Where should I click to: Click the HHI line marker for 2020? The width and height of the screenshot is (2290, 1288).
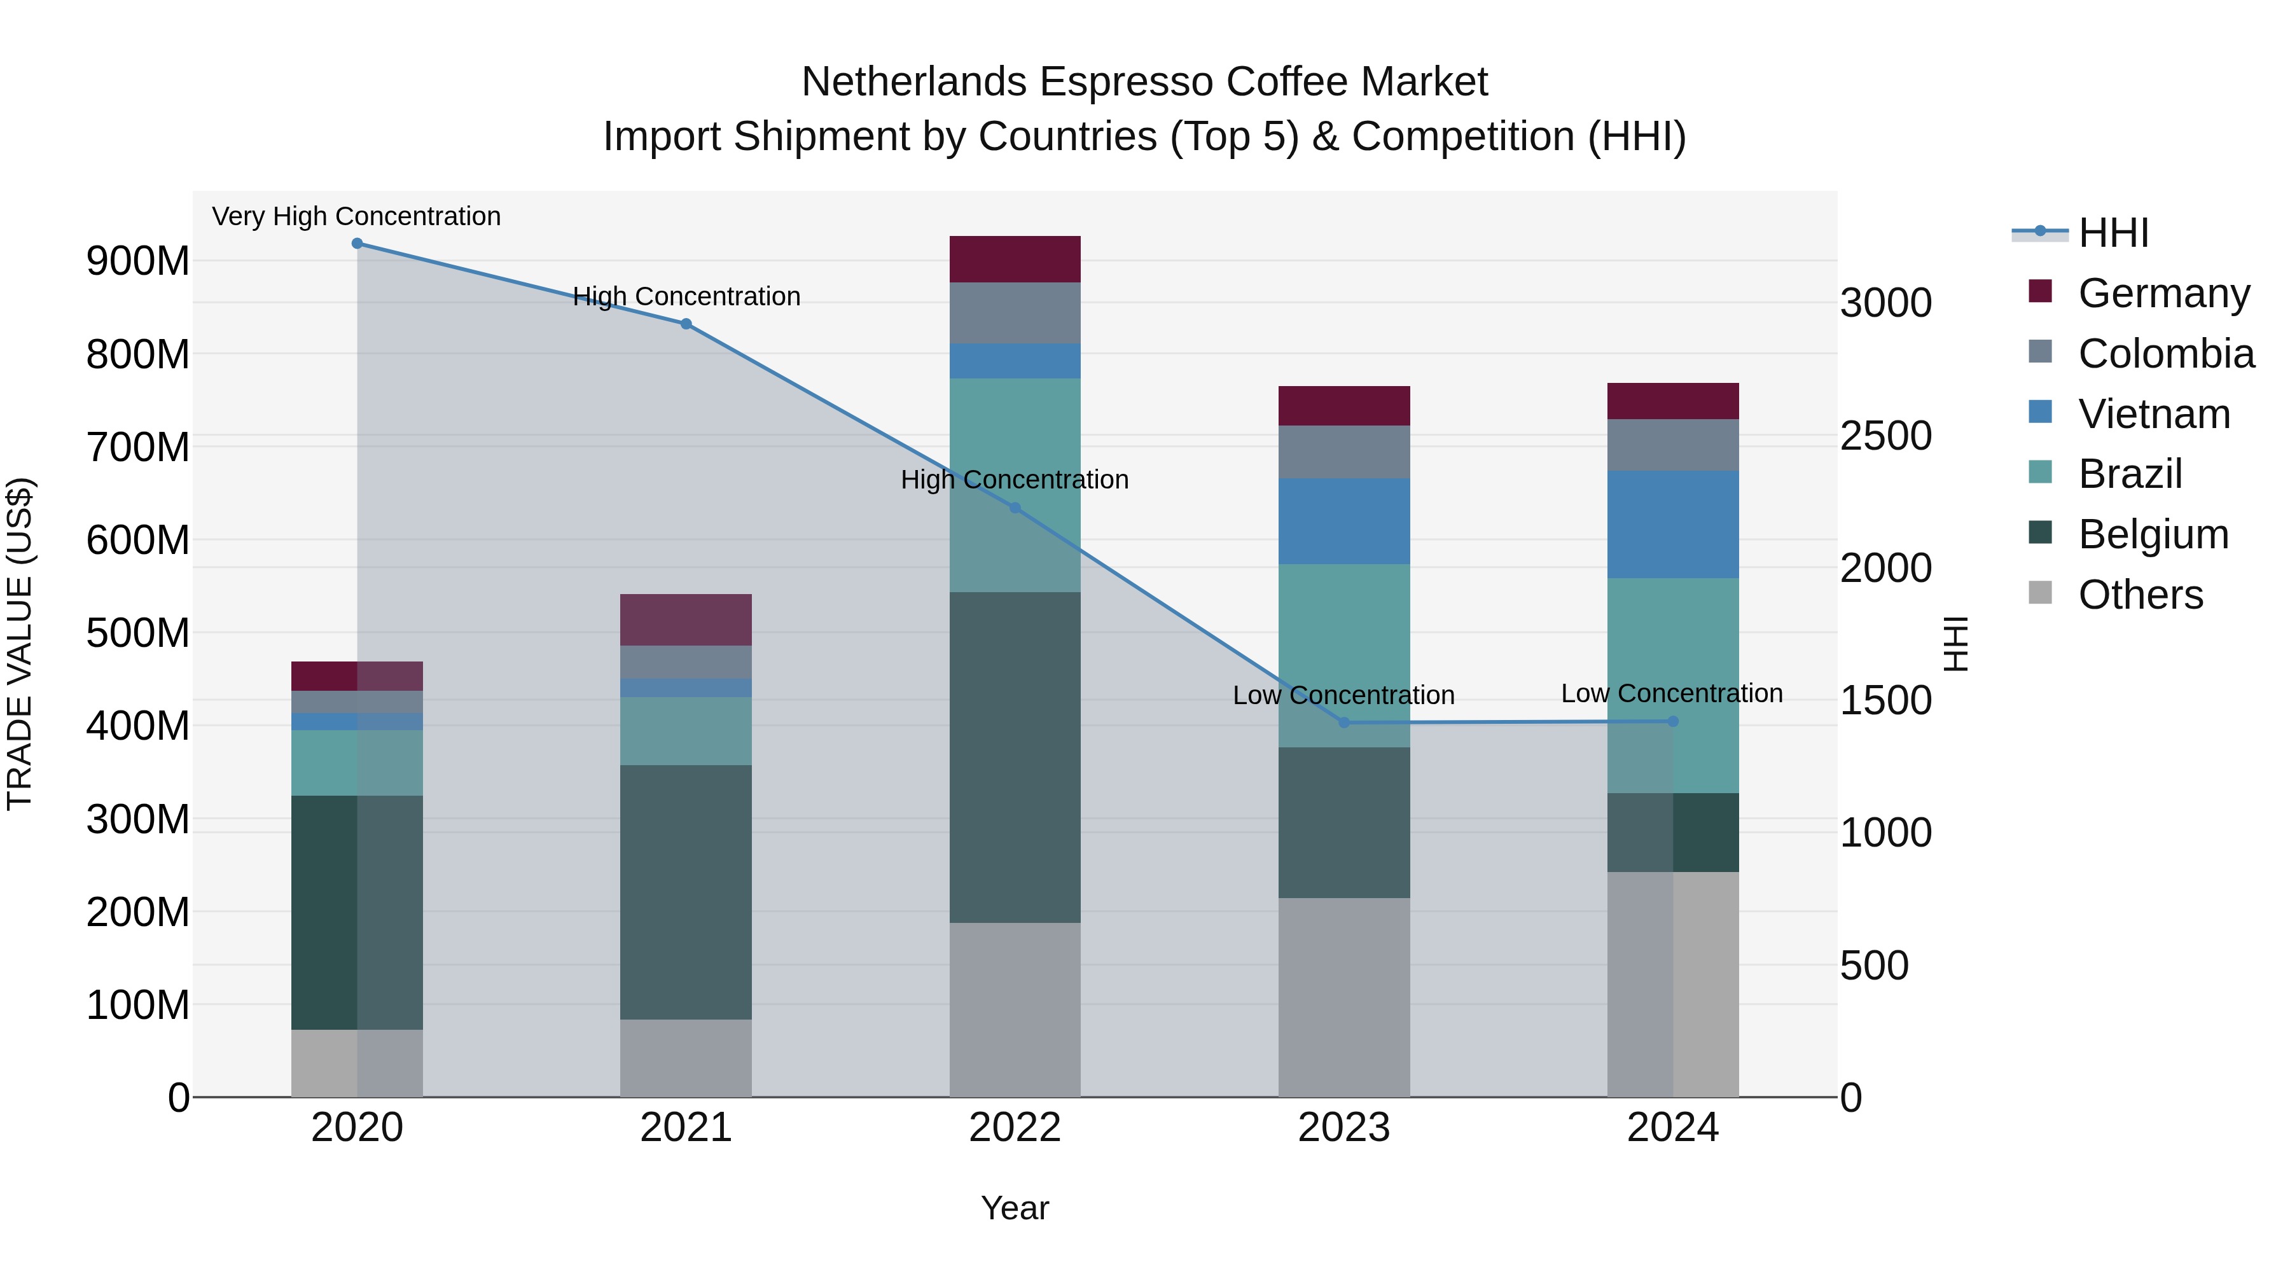[x=357, y=244]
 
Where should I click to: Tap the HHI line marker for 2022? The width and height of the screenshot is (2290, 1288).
[x=1015, y=508]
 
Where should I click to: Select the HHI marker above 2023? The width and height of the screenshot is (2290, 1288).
[x=1344, y=723]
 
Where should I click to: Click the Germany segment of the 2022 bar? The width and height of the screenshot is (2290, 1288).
[x=1015, y=260]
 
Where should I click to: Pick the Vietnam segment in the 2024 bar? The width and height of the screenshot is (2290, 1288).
[x=1673, y=525]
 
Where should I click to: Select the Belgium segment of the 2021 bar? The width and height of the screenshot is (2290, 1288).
[x=685, y=892]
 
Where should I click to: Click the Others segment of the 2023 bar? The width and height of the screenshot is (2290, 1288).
[x=1344, y=997]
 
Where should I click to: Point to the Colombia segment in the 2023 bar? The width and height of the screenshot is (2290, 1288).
[x=1344, y=452]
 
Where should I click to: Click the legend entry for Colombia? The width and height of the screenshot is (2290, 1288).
[x=2165, y=354]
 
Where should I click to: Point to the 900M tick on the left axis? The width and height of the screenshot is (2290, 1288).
[x=138, y=261]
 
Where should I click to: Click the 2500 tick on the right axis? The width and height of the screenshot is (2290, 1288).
[x=1885, y=436]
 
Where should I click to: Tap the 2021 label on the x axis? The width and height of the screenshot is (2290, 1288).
[x=685, y=1128]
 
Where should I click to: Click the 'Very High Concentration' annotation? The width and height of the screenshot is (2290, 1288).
[x=356, y=216]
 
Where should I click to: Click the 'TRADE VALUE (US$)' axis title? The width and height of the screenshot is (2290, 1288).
[x=20, y=644]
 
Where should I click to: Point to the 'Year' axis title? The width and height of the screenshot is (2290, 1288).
[x=1015, y=1208]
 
